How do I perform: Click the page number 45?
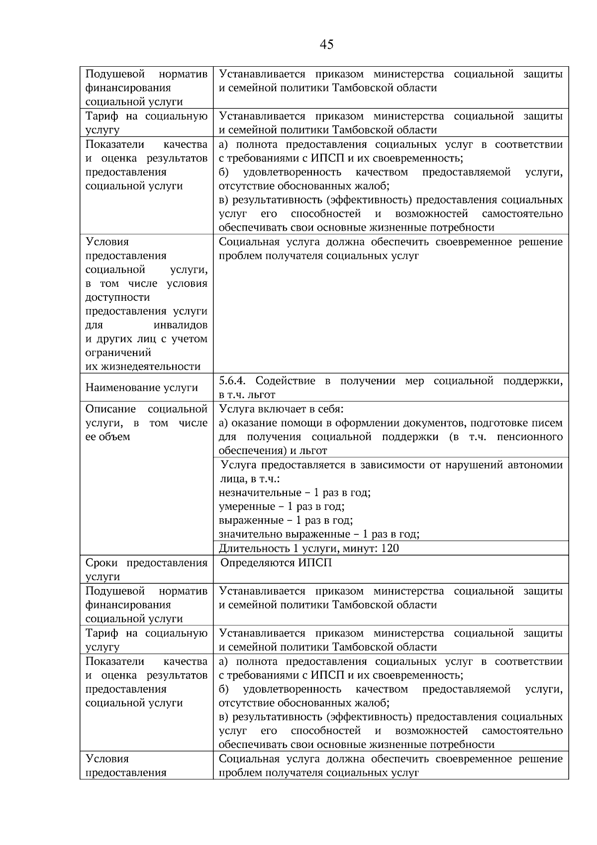(x=326, y=45)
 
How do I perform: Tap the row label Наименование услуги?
(x=142, y=388)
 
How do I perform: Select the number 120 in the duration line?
(x=390, y=549)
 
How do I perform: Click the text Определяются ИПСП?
(x=276, y=563)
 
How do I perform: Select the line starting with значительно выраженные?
(x=319, y=535)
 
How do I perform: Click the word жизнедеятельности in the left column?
(x=143, y=367)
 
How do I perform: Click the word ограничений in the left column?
(x=118, y=353)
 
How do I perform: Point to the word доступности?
(x=117, y=297)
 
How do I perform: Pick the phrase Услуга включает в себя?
(x=282, y=409)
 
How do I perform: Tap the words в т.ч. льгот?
(x=247, y=395)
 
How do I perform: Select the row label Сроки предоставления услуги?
(x=146, y=570)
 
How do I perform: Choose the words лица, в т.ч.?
(x=249, y=479)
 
